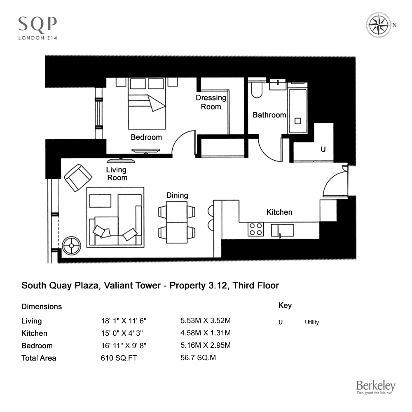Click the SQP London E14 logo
tap(37, 28)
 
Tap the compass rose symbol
tap(378, 25)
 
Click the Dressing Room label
tap(211, 102)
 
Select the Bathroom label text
tap(269, 115)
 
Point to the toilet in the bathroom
tap(257, 90)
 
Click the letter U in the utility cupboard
tap(323, 149)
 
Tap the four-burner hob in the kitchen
tap(256, 229)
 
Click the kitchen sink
tap(282, 230)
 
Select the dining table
tap(177, 222)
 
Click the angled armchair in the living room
tap(78, 178)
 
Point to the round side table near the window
tap(71, 246)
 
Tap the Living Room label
tap(117, 174)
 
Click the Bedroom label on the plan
tap(146, 137)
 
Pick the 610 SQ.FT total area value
tap(119, 358)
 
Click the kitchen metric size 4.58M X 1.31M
tap(206, 333)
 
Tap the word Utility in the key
tap(312, 323)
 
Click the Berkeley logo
tap(376, 387)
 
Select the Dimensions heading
tap(42, 307)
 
